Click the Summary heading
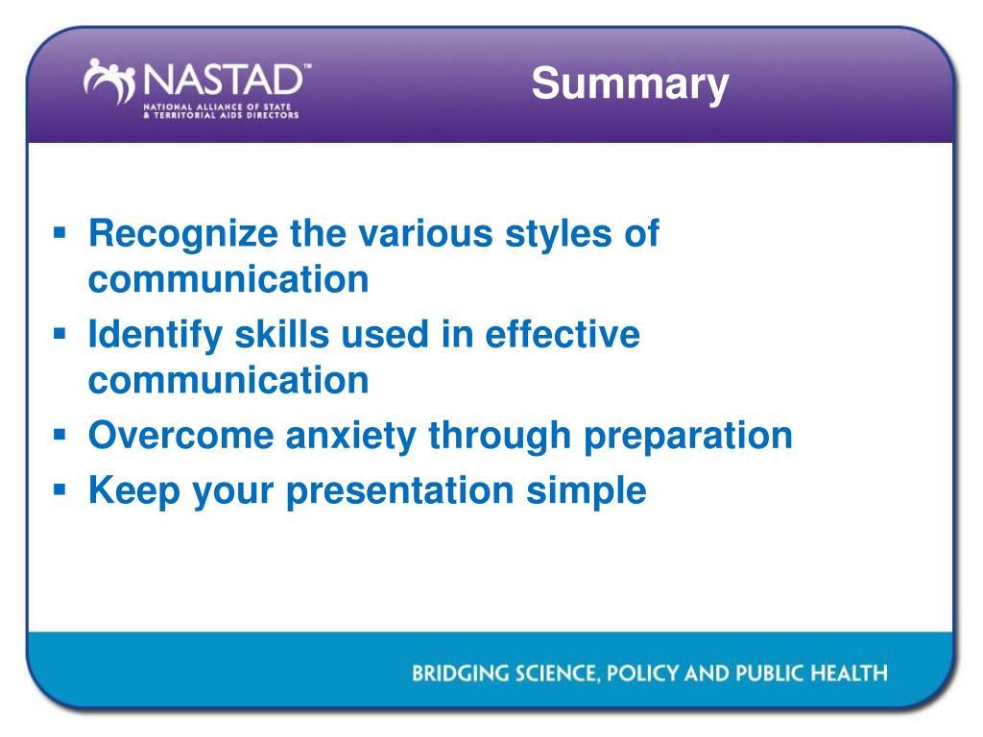(x=630, y=84)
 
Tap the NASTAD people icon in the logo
(x=109, y=82)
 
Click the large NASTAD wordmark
(x=224, y=81)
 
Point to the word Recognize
(x=183, y=235)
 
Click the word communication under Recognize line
(x=228, y=279)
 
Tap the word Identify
(x=156, y=336)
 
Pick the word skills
(x=281, y=334)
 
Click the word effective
(x=563, y=334)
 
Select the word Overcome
(x=181, y=436)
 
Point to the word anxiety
(x=351, y=437)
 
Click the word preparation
(x=688, y=438)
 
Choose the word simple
(x=587, y=491)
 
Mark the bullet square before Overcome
(x=60, y=435)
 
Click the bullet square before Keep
(x=60, y=488)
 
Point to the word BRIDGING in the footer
(x=460, y=673)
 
